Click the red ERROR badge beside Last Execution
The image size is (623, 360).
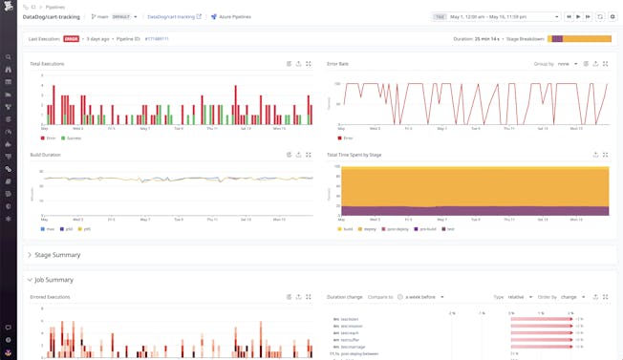click(71, 39)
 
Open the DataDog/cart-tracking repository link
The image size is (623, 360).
click(171, 16)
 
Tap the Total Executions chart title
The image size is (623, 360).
click(49, 64)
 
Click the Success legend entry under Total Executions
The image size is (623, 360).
click(73, 138)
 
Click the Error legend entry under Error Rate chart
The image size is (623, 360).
click(347, 138)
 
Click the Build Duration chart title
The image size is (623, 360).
click(45, 155)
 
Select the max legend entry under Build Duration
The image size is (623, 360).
click(48, 229)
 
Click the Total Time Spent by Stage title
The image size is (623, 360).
click(354, 155)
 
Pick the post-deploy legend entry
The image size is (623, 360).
click(397, 229)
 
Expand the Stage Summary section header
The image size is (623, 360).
click(57, 255)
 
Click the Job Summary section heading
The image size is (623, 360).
click(54, 280)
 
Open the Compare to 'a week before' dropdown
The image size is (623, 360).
click(424, 297)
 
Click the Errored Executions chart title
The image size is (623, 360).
click(50, 297)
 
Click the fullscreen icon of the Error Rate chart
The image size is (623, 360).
click(606, 64)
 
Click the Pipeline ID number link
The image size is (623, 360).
click(157, 39)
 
